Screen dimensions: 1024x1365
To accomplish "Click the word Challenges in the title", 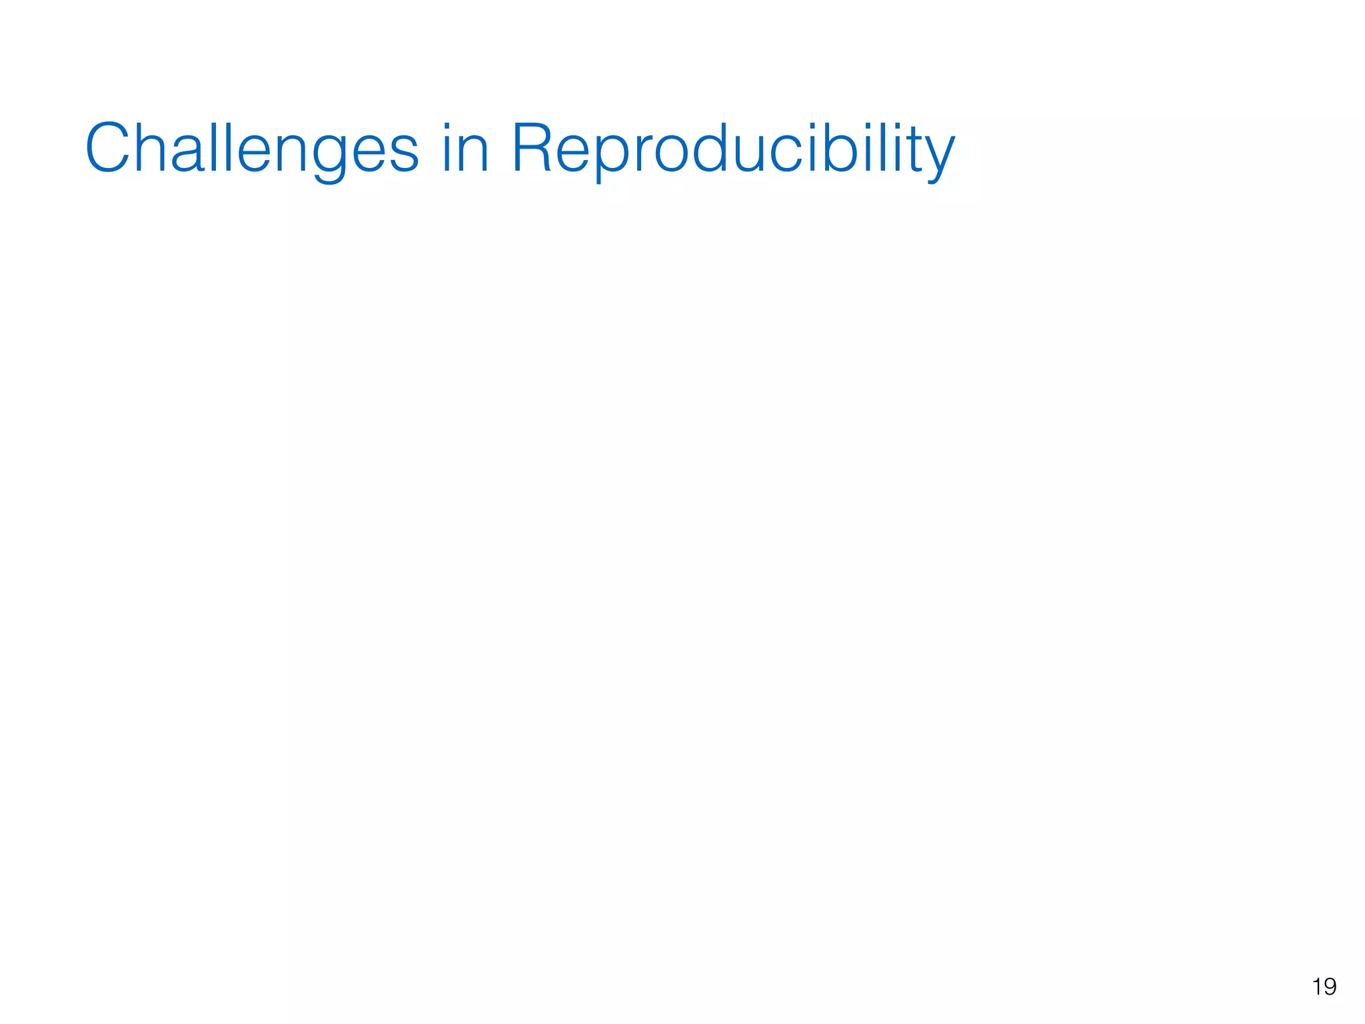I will coord(252,149).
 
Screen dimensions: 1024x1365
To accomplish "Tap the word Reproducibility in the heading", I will coord(733,149).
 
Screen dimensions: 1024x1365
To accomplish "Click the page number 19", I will coord(1324,987).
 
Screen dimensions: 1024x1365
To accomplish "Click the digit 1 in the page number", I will coord(1316,987).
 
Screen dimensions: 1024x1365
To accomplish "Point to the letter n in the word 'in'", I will coord(475,153).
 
